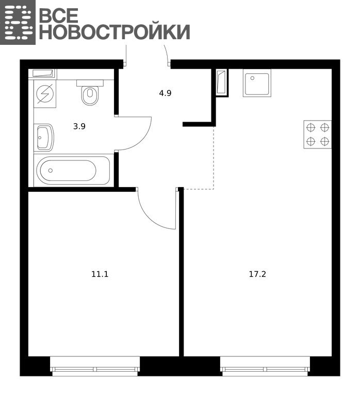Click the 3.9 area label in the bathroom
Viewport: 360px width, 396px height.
point(79,126)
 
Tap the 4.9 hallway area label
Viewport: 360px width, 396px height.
point(165,93)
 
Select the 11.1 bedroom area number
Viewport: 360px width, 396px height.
point(100,274)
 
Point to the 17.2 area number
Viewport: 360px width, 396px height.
point(257,274)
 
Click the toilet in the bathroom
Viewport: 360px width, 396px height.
point(90,92)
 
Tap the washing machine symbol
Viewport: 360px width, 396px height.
point(45,94)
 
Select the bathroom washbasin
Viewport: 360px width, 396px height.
point(44,138)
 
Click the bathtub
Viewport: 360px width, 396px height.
point(73,171)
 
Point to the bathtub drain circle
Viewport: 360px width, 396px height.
point(51,171)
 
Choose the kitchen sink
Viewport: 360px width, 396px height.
point(257,83)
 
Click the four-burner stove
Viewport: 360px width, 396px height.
point(318,135)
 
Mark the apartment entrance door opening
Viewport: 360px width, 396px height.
point(148,63)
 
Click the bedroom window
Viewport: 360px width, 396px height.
point(95,366)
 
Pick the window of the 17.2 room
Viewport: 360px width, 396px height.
point(265,366)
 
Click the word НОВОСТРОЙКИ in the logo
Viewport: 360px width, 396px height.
point(114,32)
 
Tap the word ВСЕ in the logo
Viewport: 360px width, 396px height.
point(59,15)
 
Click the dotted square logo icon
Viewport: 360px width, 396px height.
point(18,22)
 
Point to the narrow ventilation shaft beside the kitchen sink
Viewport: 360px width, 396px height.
point(221,82)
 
